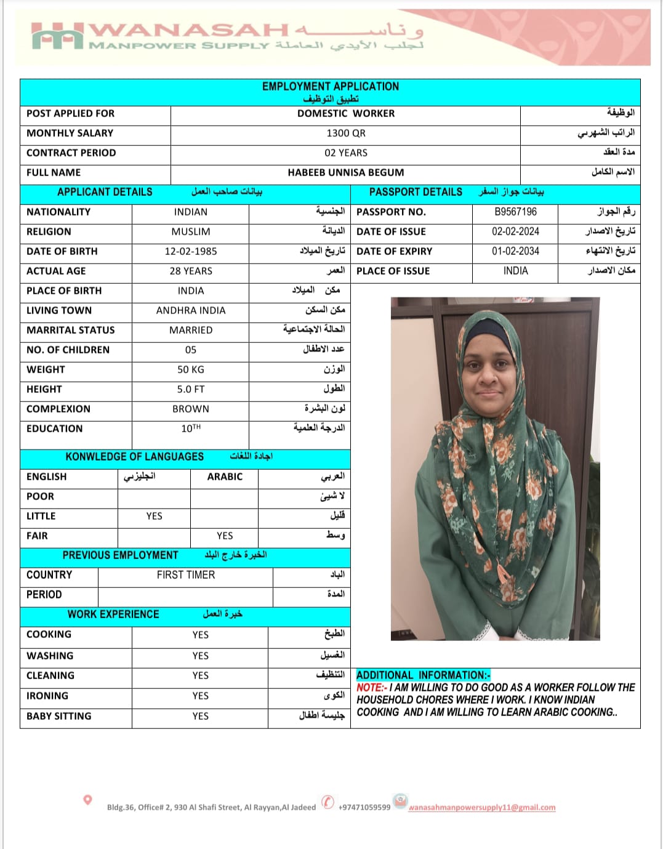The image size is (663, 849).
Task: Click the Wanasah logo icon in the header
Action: [x=57, y=36]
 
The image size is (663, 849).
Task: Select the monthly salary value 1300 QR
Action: [x=345, y=133]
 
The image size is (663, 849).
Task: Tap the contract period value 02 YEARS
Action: [x=345, y=153]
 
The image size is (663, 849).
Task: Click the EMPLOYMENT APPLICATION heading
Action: [x=331, y=86]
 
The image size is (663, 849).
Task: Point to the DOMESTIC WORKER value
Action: [x=345, y=113]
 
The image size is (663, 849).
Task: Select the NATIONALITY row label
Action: [x=58, y=212]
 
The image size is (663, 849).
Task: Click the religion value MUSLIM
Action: [x=191, y=231]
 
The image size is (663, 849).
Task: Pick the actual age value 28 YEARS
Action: [x=191, y=271]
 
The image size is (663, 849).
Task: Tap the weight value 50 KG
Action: [x=191, y=369]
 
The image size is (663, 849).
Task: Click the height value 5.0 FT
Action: [x=191, y=389]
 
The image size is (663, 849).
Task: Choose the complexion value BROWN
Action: [x=191, y=409]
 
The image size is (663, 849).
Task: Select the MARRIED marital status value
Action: [x=191, y=330]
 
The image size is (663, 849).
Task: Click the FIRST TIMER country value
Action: [x=186, y=575]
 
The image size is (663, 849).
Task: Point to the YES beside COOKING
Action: [x=200, y=635]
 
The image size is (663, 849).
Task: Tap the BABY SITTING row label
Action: [x=59, y=716]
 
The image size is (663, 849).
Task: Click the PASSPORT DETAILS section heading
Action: [x=416, y=192]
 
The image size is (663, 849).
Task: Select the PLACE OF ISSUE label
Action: [x=393, y=271]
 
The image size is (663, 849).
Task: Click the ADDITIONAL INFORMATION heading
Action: [x=423, y=675]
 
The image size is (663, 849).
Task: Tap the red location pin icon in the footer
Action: [x=87, y=800]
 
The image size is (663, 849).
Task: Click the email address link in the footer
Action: [x=481, y=808]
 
